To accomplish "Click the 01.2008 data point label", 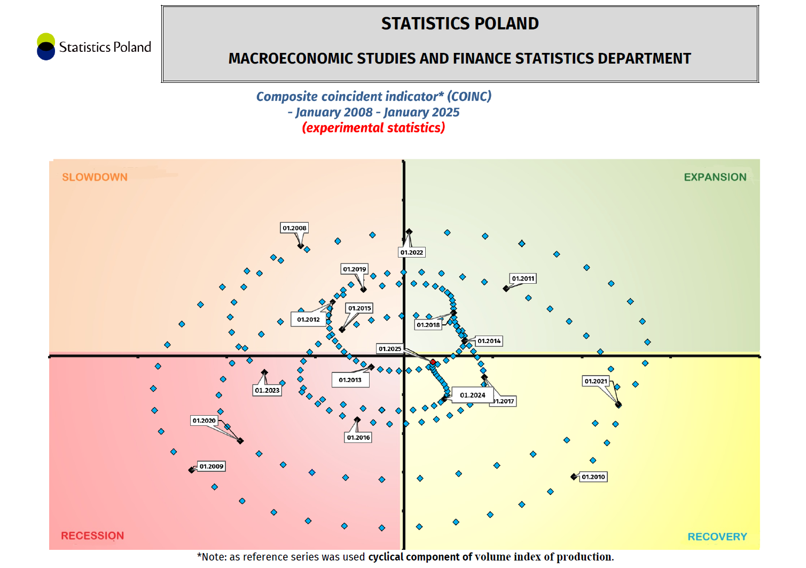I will coord(294,228).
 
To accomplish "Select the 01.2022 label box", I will coord(412,252).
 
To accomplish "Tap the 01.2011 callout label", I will coord(523,278).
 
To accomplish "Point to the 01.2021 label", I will coord(596,381).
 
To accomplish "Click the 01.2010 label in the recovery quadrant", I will coord(593,477).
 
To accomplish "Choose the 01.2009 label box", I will coord(212,466).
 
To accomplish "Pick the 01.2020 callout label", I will coord(204,421).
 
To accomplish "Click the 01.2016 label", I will coord(358,437).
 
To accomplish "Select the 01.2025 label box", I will coord(390,349).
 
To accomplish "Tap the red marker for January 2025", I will coord(433,362).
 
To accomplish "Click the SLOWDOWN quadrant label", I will coord(95,177).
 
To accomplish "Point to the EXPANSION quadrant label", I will coord(715,177).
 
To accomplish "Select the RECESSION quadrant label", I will coord(92,535).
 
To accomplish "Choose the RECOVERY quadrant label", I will coord(717,536).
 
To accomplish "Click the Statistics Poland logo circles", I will coord(46,46).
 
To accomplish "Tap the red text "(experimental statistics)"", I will coord(373,128).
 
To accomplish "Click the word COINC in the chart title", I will coord(469,97).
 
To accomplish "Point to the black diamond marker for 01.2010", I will coord(574,477).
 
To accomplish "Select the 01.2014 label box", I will coord(489,341).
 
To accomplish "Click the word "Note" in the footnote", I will coord(214,557).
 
